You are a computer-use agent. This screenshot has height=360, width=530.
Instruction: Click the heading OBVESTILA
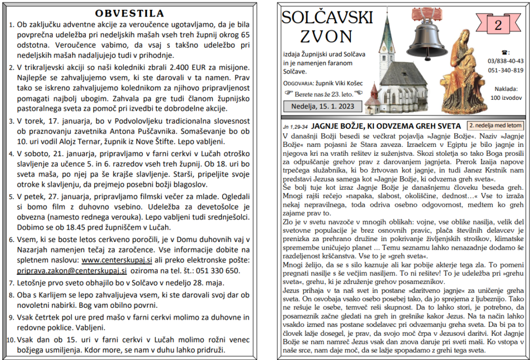[x=129, y=13]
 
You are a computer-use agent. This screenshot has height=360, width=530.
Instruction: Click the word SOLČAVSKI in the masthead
[x=327, y=18]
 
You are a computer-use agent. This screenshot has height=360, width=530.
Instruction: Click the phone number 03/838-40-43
[x=505, y=61]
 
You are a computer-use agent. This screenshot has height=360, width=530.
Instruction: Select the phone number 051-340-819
[x=505, y=70]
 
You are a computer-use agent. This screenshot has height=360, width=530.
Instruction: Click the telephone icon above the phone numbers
[x=505, y=52]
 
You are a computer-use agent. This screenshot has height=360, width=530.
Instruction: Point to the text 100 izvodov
[x=505, y=97]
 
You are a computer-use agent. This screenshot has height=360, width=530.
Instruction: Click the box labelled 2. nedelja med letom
[x=495, y=125]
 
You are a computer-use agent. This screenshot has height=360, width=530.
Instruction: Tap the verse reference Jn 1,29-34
[x=295, y=126]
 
